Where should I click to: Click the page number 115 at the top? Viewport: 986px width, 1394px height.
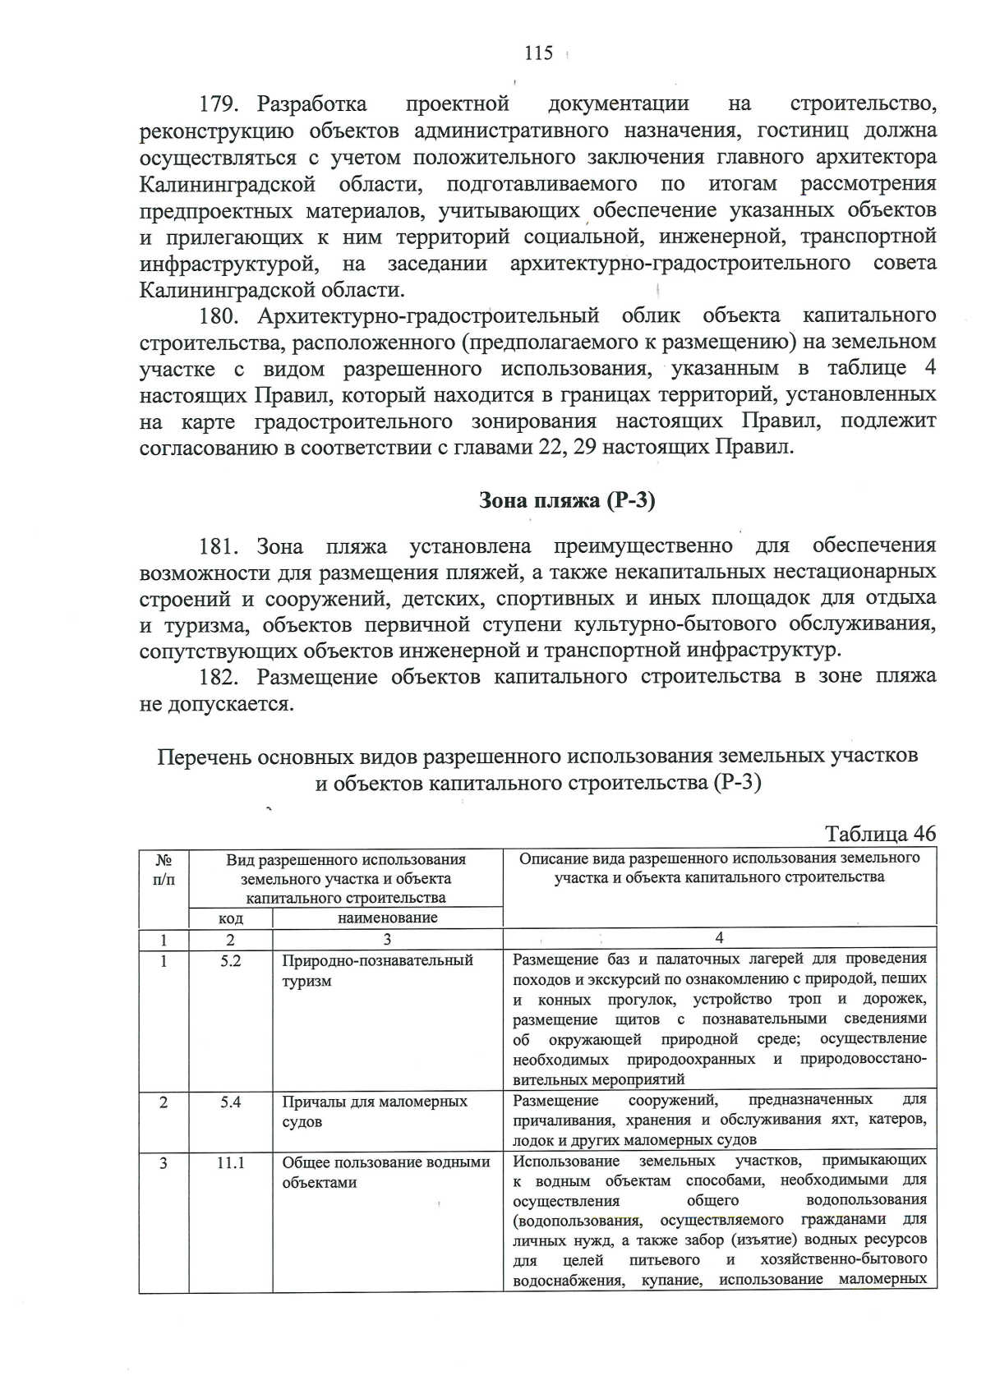pos(538,53)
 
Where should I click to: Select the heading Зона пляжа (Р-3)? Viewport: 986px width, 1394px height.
pos(567,500)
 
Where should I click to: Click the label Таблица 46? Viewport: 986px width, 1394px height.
pos(880,833)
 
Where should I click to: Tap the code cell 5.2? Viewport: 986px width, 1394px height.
pos(231,960)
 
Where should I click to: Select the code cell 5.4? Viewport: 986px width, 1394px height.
pos(231,1102)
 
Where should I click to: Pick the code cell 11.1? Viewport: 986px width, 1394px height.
pos(231,1162)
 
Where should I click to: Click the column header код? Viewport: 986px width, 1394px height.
pos(231,918)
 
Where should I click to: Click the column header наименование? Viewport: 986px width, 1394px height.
pos(388,918)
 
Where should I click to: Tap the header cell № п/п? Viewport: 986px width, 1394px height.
pos(164,869)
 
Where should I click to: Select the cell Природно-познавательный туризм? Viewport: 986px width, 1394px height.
pos(377,970)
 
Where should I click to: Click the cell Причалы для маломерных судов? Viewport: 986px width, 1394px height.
pos(375,1111)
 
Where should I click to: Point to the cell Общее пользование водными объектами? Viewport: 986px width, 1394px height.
pos(385,1172)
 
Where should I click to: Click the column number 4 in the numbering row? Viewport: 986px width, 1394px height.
pos(720,938)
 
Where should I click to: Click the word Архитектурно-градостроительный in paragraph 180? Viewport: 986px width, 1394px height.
pos(427,316)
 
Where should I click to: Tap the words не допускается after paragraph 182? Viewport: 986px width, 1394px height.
pos(216,704)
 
